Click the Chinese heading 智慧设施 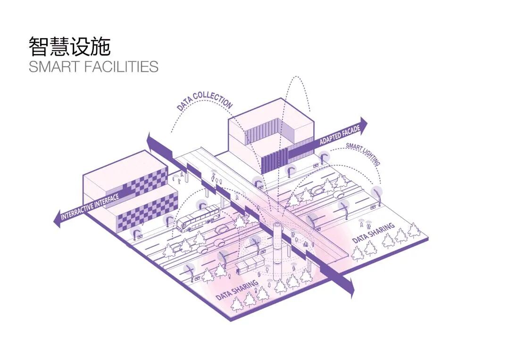tap(69, 46)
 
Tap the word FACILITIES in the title tap(122, 67)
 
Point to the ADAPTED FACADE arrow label tap(339, 136)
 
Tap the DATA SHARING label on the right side tap(373, 234)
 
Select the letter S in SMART tap(33, 67)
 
